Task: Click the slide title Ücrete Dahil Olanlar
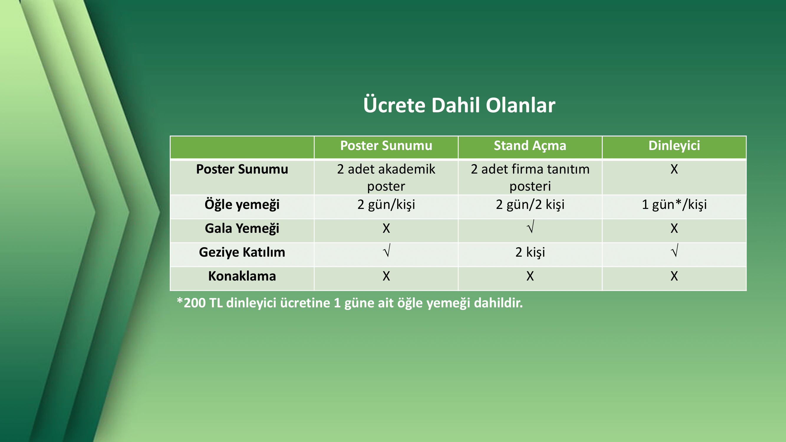pos(459,105)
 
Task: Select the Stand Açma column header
pos(530,146)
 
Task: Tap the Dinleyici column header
pos(674,146)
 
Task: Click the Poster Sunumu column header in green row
pos(386,146)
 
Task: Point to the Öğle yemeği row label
pos(242,204)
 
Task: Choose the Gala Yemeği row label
pos(242,228)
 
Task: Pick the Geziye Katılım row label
pos(242,252)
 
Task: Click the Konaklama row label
pos(242,276)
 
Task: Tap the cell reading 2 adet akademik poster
pos(386,177)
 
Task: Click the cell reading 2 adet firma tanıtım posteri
pos(530,177)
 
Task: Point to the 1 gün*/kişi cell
pos(674,204)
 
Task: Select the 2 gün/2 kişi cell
pos(530,204)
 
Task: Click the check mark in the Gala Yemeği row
pos(530,227)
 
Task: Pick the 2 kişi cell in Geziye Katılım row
pos(530,252)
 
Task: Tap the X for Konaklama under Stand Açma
pos(530,276)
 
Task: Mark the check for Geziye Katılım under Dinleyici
pos(675,250)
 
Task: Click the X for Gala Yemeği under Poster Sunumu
pos(386,228)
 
